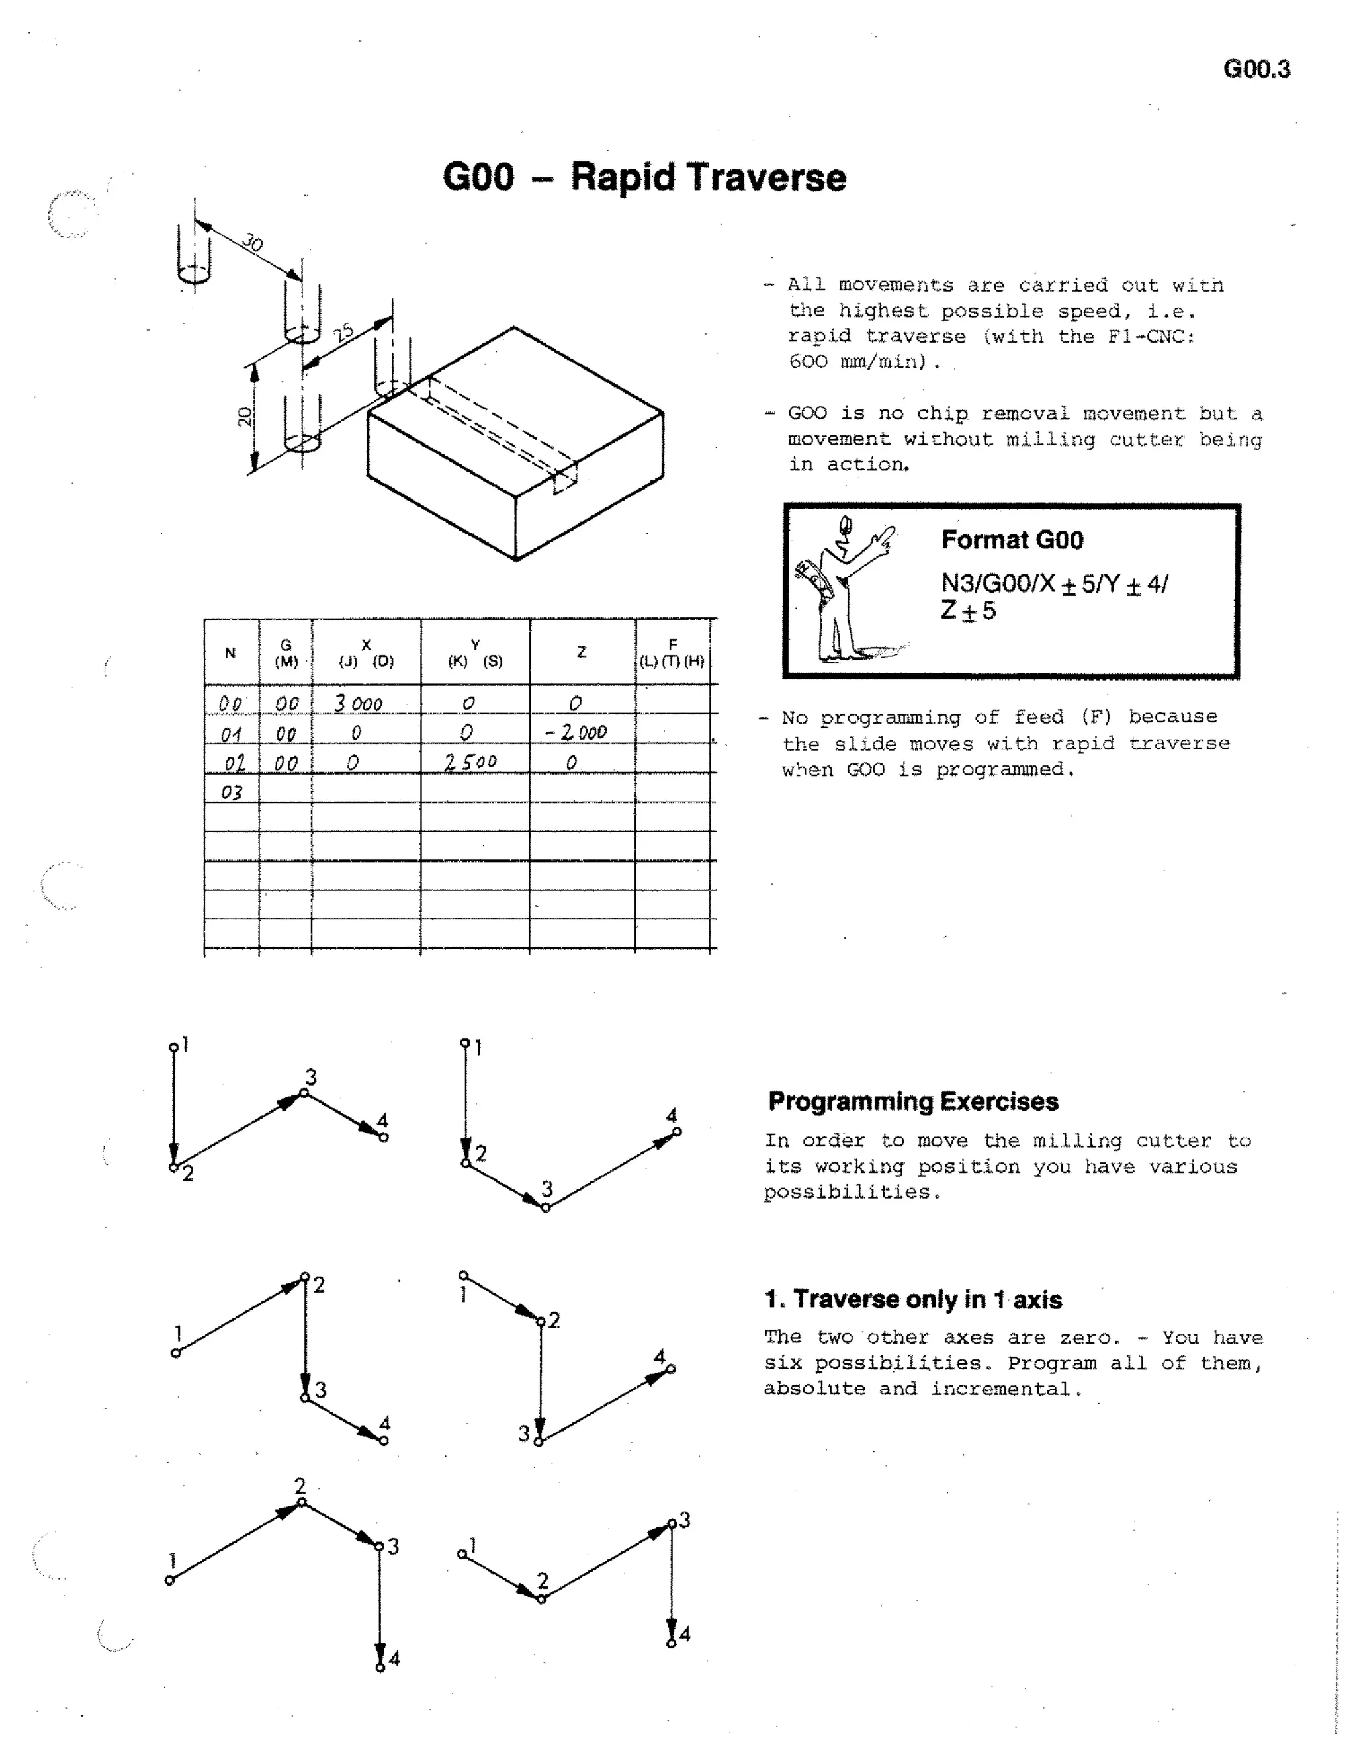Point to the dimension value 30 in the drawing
pyautogui.click(x=252, y=241)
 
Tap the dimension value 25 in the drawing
pyautogui.click(x=344, y=332)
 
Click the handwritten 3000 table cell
pyautogui.click(x=359, y=704)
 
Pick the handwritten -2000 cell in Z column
pyautogui.click(x=576, y=732)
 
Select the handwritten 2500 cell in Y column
pyautogui.click(x=471, y=761)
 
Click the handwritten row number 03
pyautogui.click(x=231, y=792)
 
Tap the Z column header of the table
pyautogui.click(x=582, y=652)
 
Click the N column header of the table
pyautogui.click(x=230, y=652)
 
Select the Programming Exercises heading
pyautogui.click(x=912, y=1101)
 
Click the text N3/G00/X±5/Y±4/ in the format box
pyautogui.click(x=1054, y=583)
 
